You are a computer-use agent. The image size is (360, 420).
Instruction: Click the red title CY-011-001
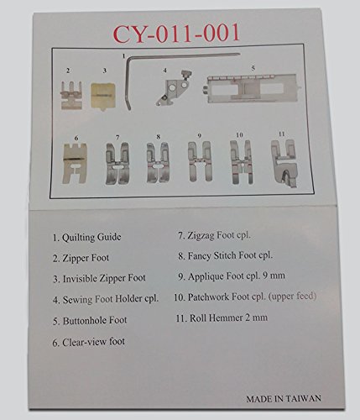pos(176,33)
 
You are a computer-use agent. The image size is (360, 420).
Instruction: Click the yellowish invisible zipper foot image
pos(103,96)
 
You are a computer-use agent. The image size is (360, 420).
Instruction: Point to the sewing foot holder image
pos(175,88)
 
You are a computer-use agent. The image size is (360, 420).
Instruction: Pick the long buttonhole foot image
pos(251,88)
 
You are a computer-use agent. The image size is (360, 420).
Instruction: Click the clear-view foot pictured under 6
pos(75,164)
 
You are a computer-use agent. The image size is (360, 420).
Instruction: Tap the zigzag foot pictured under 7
pos(117,163)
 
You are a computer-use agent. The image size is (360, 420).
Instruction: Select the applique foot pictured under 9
pos(199,161)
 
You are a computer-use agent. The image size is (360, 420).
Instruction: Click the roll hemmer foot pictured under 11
pos(284,163)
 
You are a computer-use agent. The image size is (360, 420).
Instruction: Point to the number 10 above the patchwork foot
pos(239,135)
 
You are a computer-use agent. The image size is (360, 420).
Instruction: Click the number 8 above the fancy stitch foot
pos(159,137)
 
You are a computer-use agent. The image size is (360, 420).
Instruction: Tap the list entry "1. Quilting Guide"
pos(86,238)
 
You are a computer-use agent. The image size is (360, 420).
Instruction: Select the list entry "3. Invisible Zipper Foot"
pos(99,278)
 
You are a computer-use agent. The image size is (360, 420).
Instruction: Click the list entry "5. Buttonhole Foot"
pos(90,321)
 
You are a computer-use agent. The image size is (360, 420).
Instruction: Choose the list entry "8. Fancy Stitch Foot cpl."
pos(225,255)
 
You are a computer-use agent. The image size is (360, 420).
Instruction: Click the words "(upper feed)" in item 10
pos(292,297)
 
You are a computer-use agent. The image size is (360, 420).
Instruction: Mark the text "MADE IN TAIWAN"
pos(284,398)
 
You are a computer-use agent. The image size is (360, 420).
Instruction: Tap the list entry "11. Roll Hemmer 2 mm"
pos(222,318)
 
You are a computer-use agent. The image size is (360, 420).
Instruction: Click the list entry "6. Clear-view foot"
pos(88,342)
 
